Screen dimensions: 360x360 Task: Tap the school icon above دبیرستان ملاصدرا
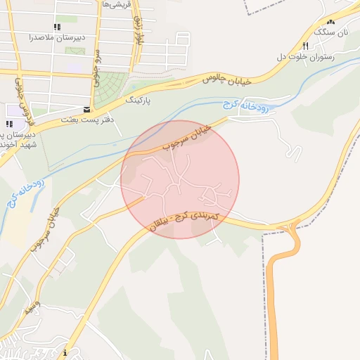click(57, 27)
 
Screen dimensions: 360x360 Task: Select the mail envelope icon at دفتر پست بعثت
click(86, 110)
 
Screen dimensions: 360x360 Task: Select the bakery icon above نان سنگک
click(330, 22)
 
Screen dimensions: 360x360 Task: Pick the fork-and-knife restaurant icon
click(304, 46)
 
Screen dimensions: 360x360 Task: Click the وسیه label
click(32, 307)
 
